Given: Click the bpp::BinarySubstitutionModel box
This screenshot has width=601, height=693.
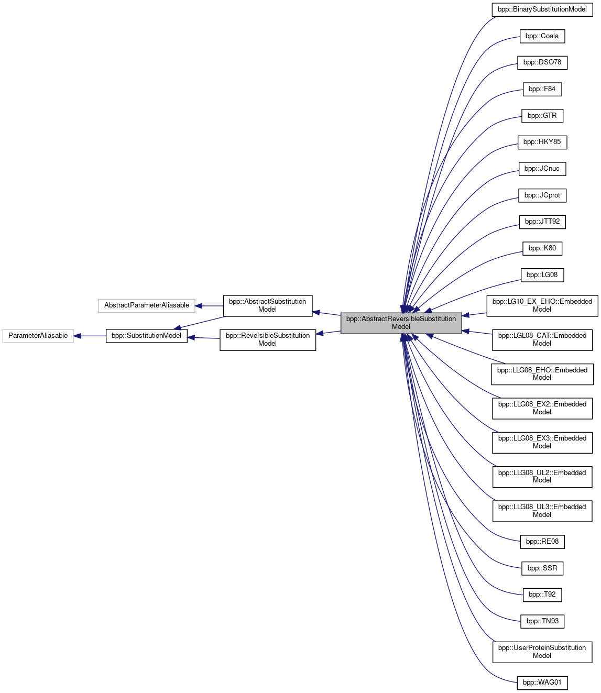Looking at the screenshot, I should (x=542, y=9).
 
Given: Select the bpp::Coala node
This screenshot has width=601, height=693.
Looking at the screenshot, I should (x=542, y=36).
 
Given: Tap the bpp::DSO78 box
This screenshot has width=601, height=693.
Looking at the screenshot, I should (x=542, y=62).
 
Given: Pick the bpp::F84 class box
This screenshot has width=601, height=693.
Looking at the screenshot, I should (x=542, y=89).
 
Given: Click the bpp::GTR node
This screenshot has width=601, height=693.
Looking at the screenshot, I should (x=542, y=116).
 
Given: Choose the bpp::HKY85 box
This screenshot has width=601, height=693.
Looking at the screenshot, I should (x=542, y=142).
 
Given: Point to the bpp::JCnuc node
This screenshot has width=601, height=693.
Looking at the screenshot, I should (x=542, y=169).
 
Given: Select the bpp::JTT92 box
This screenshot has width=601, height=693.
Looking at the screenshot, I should (x=542, y=222).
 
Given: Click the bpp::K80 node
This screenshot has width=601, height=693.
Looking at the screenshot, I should (x=542, y=248).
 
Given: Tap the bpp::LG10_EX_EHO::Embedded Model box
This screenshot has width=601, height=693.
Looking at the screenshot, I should (x=542, y=305).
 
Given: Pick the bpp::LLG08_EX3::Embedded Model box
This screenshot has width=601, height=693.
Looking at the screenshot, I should (x=542, y=442).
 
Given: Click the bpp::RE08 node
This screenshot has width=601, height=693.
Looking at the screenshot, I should (x=542, y=542).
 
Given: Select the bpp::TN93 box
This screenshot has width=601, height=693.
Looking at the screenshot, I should (x=542, y=621).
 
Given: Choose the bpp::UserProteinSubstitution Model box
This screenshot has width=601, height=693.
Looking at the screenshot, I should (x=542, y=652).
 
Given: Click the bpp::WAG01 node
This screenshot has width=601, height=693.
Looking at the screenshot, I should (x=542, y=683).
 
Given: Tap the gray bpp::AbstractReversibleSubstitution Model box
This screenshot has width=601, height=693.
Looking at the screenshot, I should (x=401, y=323).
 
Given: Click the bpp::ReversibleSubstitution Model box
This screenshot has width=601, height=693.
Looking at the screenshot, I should (x=267, y=339).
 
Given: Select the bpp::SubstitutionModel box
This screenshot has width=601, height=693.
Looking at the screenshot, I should (x=146, y=336).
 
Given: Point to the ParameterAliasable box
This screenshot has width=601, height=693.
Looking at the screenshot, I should (x=38, y=336).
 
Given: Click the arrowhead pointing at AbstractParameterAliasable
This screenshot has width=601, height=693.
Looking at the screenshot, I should (x=199, y=306).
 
